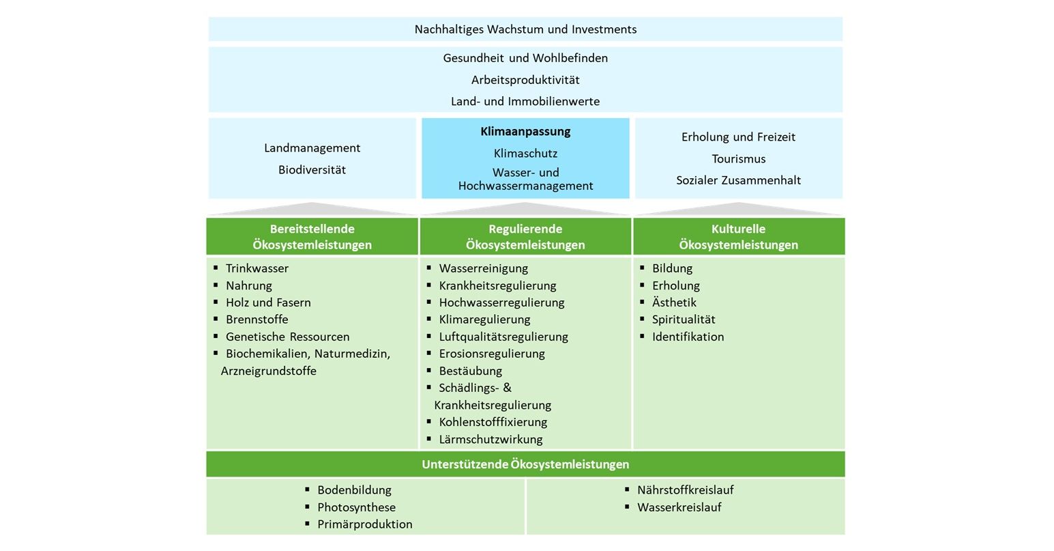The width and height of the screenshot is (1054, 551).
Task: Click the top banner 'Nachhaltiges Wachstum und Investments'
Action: click(x=525, y=29)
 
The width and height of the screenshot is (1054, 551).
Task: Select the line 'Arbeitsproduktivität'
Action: click(x=525, y=80)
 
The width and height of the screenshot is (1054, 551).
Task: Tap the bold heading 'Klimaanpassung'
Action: click(x=525, y=131)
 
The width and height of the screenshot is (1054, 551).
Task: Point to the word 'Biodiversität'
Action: click(x=312, y=170)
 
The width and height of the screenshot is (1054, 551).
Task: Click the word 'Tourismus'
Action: click(x=738, y=159)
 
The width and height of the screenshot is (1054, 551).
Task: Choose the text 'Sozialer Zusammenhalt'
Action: click(x=738, y=181)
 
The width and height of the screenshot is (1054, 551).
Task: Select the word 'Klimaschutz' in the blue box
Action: click(x=525, y=154)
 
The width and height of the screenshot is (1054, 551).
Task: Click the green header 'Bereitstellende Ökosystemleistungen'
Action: click(x=312, y=236)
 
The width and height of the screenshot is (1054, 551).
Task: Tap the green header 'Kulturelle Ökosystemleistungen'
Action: click(x=738, y=236)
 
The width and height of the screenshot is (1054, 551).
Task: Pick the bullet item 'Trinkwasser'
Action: click(x=257, y=268)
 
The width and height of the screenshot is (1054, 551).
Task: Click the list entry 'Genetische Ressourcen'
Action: click(x=287, y=337)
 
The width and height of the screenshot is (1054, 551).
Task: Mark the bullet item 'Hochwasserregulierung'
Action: click(x=501, y=302)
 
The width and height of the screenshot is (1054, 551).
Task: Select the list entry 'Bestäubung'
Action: click(x=470, y=371)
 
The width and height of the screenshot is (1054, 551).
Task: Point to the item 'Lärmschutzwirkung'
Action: click(x=491, y=440)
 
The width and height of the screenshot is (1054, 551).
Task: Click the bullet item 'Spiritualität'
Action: click(x=684, y=320)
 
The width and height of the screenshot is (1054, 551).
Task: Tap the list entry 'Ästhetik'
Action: click(x=674, y=302)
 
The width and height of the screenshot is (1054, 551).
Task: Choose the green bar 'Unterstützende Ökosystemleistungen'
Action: click(x=525, y=464)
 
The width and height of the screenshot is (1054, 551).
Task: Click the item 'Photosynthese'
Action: click(x=356, y=507)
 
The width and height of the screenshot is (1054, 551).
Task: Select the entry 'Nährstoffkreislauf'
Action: click(x=685, y=490)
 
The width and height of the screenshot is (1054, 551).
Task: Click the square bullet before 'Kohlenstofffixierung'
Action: click(x=429, y=421)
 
